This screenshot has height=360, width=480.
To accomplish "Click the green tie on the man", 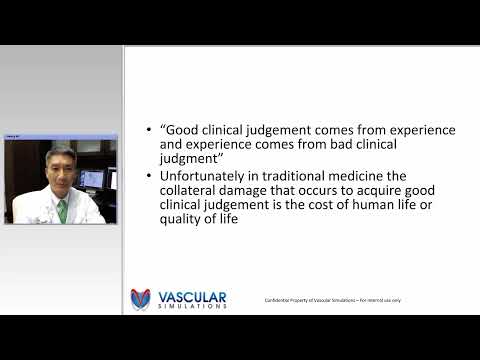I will point(62,211).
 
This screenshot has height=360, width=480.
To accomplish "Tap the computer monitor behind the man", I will point(88,181).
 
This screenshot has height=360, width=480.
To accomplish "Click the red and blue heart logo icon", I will point(141,299).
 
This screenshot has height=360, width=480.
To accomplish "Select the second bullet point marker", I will point(149,176).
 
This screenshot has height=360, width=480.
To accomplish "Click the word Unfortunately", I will point(204,176).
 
